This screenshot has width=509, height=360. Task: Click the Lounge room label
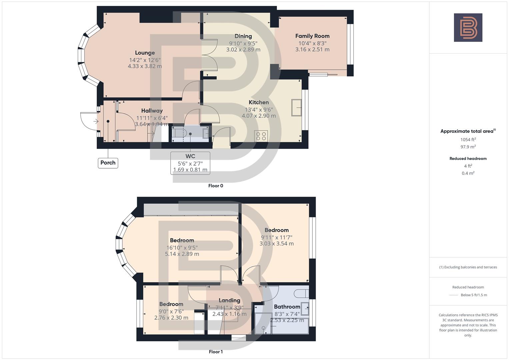click(145, 53)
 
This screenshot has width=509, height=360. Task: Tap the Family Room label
click(312, 36)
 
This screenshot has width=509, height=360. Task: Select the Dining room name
click(243, 36)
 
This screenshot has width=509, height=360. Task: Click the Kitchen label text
click(259, 102)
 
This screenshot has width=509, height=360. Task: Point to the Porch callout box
click(108, 163)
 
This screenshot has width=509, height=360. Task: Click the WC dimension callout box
click(190, 163)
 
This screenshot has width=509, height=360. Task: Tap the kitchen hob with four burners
click(261, 136)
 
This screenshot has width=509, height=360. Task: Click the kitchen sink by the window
click(296, 107)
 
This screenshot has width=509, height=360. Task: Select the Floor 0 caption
click(216, 186)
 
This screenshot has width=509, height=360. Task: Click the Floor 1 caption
click(216, 352)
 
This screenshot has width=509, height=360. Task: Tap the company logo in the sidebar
click(468, 28)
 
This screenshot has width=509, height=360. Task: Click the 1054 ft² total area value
click(468, 140)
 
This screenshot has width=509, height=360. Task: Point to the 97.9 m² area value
click(468, 147)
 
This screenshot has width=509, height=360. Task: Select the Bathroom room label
click(287, 307)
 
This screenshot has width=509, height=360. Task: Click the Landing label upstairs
click(229, 300)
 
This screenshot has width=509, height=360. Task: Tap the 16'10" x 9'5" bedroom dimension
click(182, 248)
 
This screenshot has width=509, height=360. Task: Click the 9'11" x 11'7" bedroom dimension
click(277, 237)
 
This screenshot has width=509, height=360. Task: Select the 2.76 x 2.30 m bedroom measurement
click(171, 318)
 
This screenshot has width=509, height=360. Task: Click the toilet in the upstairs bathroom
click(301, 294)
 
